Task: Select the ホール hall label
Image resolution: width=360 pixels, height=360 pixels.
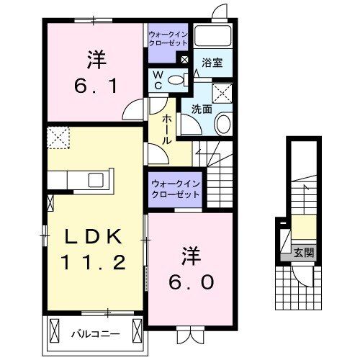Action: tap(166, 127)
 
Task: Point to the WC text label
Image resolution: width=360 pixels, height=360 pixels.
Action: tap(156, 79)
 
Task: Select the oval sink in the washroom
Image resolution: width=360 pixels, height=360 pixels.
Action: tap(222, 124)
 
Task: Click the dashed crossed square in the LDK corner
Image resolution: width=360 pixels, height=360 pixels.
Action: tap(56, 137)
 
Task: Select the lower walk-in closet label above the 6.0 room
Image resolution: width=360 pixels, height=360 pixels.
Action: tap(174, 189)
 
